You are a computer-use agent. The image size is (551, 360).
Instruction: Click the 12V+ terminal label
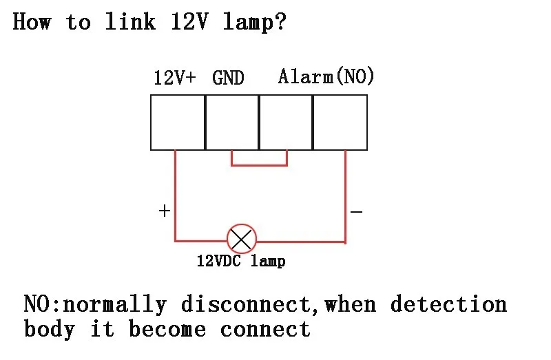tap(175, 77)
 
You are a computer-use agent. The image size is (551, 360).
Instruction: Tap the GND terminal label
tap(228, 78)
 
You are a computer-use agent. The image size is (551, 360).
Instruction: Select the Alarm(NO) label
tap(326, 76)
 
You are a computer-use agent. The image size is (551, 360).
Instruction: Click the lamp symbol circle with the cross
tap(242, 239)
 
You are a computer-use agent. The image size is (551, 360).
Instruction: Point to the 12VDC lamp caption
tap(241, 262)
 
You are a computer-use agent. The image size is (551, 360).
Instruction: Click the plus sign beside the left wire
tap(165, 211)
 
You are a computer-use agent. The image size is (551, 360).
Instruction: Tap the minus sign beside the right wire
tap(356, 212)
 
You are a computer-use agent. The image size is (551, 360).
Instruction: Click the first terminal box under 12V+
tap(178, 123)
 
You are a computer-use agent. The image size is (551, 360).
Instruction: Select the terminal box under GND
tap(232, 123)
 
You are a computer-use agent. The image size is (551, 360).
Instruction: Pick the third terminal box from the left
tap(286, 123)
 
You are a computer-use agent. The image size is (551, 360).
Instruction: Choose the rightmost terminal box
tap(340, 123)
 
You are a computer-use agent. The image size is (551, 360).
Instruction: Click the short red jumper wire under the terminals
tap(260, 165)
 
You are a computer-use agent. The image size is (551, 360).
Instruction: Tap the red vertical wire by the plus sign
tap(175, 195)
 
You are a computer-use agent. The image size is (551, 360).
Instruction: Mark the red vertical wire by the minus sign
tap(346, 197)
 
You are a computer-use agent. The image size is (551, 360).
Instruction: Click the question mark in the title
tap(281, 22)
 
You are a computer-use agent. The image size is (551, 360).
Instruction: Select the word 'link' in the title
tap(130, 21)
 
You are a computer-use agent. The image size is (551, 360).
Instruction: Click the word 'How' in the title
tap(32, 21)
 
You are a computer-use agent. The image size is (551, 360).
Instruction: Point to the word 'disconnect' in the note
tap(247, 304)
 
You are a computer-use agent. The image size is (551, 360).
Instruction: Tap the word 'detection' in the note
tap(449, 304)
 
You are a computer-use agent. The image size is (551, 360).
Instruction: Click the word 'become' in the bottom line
tap(167, 329)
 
